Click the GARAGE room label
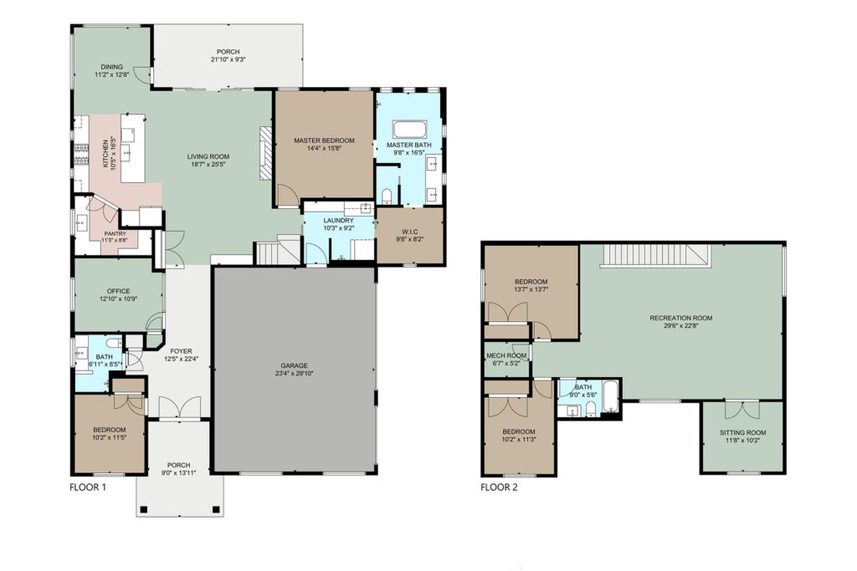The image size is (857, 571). [x=294, y=365]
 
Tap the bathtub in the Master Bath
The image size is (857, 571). [x=408, y=130]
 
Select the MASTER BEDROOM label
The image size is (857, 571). [x=324, y=140]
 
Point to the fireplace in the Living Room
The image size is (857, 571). [x=265, y=153]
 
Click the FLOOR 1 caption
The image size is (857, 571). [x=87, y=487]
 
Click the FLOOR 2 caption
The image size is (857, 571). [x=499, y=487]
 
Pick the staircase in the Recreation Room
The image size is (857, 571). [x=656, y=256]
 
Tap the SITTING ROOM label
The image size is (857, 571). [x=743, y=433]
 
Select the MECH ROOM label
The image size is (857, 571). [x=506, y=356]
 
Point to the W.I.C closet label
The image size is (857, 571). [x=409, y=232]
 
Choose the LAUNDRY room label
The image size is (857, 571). [x=338, y=221]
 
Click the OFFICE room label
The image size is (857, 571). [x=119, y=292]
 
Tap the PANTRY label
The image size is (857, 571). [x=115, y=233]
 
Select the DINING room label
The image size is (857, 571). [x=111, y=67]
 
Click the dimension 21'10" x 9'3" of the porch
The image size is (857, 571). [x=228, y=59]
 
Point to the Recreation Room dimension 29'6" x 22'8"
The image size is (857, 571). [x=681, y=326]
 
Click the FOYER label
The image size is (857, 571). [x=181, y=352]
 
